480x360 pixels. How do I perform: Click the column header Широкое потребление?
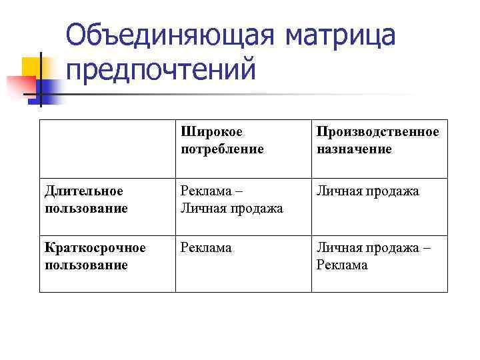[222, 140]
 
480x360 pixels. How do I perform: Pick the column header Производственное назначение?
[378, 140]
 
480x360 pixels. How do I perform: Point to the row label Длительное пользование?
[86, 199]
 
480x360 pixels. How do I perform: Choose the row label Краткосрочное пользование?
[95, 256]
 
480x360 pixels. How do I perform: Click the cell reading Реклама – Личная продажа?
[231, 199]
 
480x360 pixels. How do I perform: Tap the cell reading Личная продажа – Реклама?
[373, 256]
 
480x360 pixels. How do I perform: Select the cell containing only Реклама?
[206, 248]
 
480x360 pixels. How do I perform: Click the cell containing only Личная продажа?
[367, 191]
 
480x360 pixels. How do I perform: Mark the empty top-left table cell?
[107, 149]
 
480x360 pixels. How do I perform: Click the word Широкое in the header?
[211, 132]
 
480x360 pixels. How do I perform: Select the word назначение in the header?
[354, 149]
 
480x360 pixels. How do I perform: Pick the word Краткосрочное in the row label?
[95, 248]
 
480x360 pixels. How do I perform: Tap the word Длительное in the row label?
[83, 191]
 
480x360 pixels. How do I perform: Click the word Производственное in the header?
[378, 132]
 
